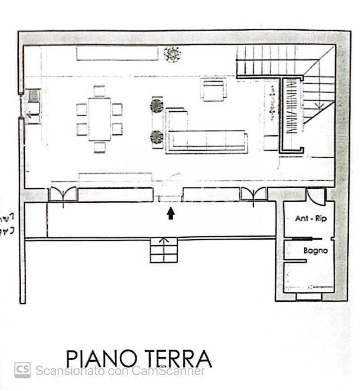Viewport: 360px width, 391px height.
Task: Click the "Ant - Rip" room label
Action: [x=311, y=219]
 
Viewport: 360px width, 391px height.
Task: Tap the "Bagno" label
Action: [x=315, y=251]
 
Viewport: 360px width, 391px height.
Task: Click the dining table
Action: [x=99, y=119]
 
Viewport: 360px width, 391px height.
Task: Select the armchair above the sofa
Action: [x=213, y=90]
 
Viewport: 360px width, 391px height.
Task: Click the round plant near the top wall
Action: [x=172, y=55]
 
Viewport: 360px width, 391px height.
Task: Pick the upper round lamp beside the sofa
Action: [x=157, y=106]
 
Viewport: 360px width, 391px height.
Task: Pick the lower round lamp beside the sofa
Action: [x=157, y=136]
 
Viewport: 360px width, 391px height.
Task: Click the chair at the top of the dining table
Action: [x=99, y=91]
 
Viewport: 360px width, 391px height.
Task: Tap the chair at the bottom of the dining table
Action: [x=99, y=147]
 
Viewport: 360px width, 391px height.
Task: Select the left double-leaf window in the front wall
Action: [x=63, y=195]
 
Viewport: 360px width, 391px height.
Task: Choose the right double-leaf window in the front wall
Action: [x=254, y=194]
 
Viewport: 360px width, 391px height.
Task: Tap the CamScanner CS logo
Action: [x=22, y=370]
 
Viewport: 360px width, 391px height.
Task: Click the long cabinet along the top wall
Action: [x=117, y=54]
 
